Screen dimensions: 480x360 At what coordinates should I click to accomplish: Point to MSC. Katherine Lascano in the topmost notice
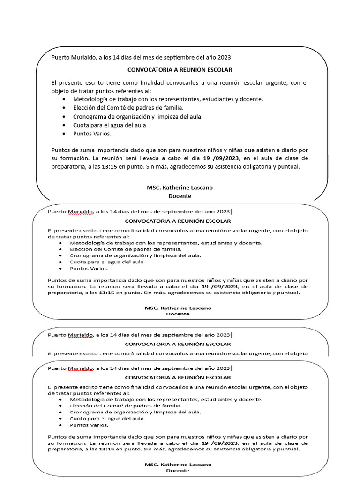click(x=180, y=187)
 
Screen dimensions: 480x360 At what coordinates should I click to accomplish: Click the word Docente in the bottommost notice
click(x=178, y=470)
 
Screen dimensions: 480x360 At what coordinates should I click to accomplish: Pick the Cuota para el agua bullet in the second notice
click(x=107, y=262)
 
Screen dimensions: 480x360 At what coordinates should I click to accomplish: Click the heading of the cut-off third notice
click(x=178, y=344)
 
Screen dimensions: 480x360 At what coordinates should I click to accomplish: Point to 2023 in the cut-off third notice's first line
click(x=223, y=335)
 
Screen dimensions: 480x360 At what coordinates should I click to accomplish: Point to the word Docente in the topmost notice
click(x=180, y=196)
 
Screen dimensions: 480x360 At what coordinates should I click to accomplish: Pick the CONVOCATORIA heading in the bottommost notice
click(x=178, y=377)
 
